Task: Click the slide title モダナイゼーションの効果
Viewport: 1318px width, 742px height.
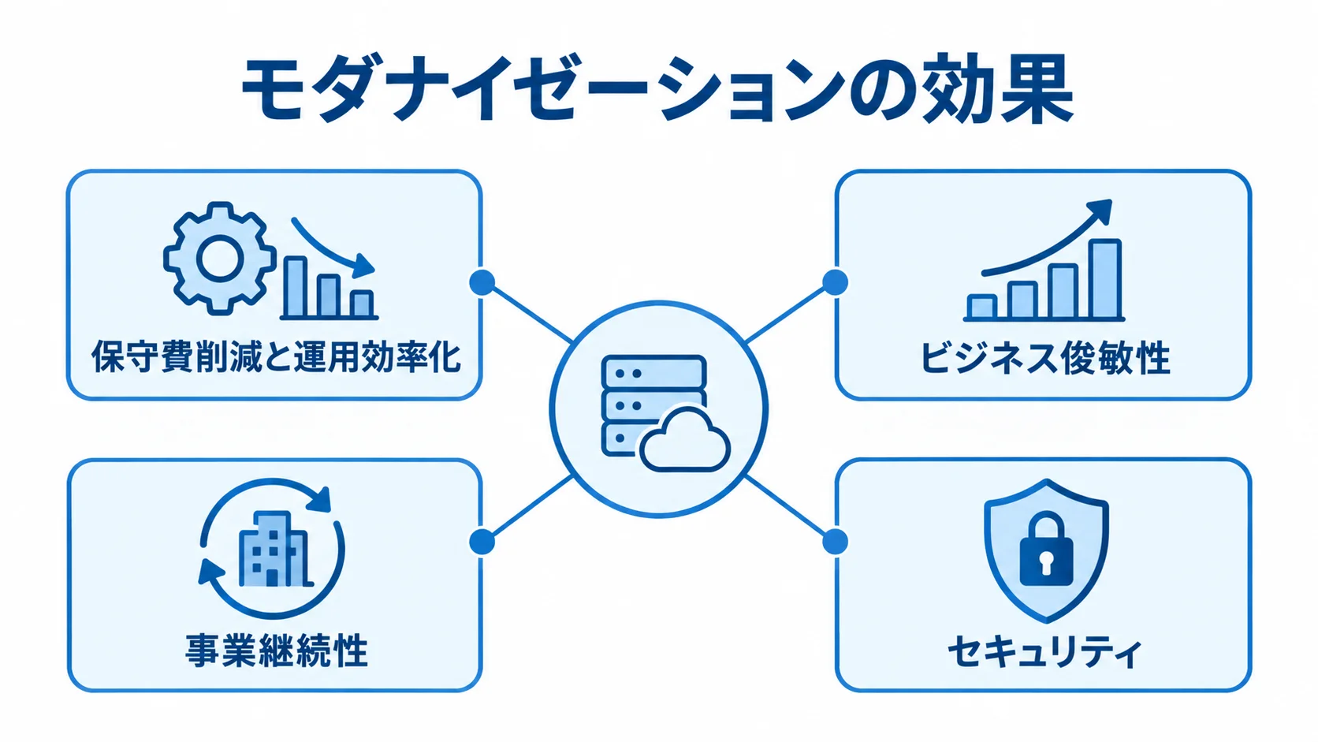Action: [x=658, y=88]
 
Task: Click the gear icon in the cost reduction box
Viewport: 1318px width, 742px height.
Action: [x=219, y=259]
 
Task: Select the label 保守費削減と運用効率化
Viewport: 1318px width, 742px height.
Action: [x=276, y=356]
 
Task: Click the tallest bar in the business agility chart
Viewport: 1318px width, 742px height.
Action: [x=1104, y=279]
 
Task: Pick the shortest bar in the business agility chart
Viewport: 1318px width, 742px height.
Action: [x=982, y=307]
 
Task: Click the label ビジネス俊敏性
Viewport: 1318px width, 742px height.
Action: [x=1044, y=358]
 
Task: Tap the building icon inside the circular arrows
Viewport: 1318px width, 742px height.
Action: [x=274, y=548]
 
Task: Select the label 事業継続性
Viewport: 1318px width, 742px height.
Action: [x=276, y=650]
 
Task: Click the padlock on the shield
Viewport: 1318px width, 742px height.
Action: [x=1046, y=550]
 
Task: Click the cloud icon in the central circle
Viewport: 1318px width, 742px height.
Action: [x=685, y=439]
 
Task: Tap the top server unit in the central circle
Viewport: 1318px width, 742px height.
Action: [x=653, y=372]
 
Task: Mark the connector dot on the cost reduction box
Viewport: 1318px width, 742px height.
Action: [x=482, y=282]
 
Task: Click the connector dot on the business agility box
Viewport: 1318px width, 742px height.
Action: [x=835, y=282]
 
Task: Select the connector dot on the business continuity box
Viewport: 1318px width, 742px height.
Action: [x=482, y=542]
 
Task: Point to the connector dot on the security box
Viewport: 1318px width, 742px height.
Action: [x=835, y=542]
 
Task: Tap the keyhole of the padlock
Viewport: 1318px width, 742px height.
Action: [x=1046, y=563]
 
